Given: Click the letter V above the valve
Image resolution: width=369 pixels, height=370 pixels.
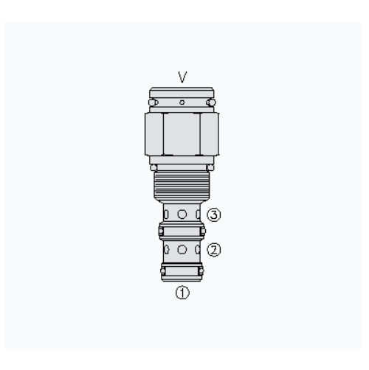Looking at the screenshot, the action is [x=182, y=77].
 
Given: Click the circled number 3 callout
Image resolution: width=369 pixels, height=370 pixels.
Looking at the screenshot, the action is [x=214, y=215].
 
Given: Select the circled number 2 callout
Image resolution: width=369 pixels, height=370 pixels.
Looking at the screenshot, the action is [x=214, y=250].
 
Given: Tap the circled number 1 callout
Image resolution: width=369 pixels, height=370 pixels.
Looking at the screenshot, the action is [x=182, y=293].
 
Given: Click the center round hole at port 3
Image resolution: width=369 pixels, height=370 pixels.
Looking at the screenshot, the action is [x=182, y=214].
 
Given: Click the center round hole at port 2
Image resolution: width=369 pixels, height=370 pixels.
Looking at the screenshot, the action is [x=182, y=249].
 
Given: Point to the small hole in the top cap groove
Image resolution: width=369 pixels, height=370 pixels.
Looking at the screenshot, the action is [x=182, y=102].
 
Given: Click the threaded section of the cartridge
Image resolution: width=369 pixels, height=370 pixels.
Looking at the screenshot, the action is [x=182, y=186].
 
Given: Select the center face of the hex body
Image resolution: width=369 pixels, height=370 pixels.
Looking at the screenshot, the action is [x=182, y=134].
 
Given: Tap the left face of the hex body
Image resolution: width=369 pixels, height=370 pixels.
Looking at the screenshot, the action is [x=154, y=134].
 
